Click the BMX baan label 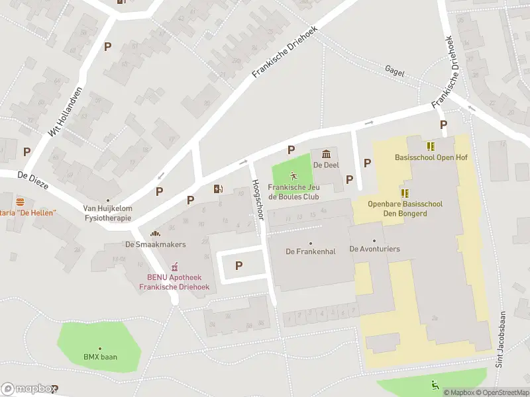[100, 357]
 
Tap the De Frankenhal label [309, 251]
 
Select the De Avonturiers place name [374, 249]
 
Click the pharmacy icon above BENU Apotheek [174, 267]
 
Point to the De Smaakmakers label [156, 244]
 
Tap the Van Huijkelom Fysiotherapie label [107, 212]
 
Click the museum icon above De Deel [326, 154]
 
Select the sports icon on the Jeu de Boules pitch [293, 176]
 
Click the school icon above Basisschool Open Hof [431, 146]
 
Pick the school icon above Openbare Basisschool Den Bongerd [404, 193]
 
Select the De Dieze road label [32, 180]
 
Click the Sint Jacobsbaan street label [502, 338]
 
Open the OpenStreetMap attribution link [502, 392]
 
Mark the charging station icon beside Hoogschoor [219, 189]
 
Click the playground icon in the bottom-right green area [435, 385]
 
